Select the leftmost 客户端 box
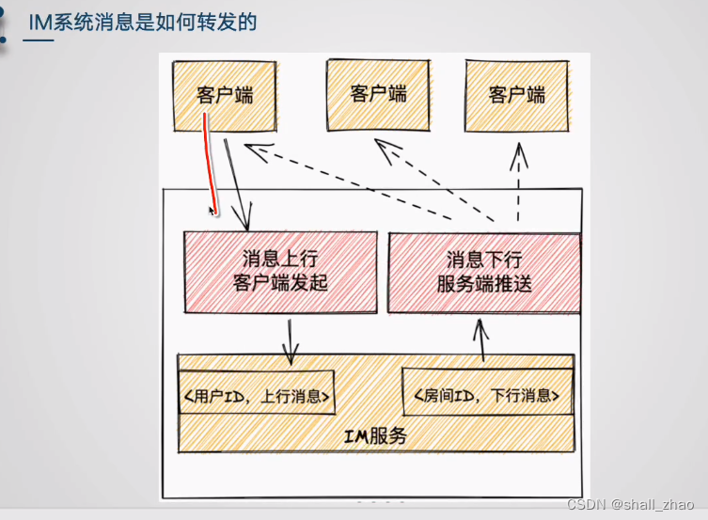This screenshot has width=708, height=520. pyautogui.click(x=224, y=95)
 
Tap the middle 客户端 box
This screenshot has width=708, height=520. pyautogui.click(x=378, y=94)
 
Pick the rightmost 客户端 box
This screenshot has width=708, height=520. pyautogui.click(x=517, y=95)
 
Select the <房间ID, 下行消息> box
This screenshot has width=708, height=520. pyautogui.click(x=487, y=397)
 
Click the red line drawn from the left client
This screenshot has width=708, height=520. pyautogui.click(x=210, y=160)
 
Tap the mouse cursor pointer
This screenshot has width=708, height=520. pyautogui.click(x=212, y=212)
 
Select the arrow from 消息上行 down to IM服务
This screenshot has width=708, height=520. pyautogui.click(x=291, y=339)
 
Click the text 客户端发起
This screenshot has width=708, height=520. pyautogui.click(x=279, y=282)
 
